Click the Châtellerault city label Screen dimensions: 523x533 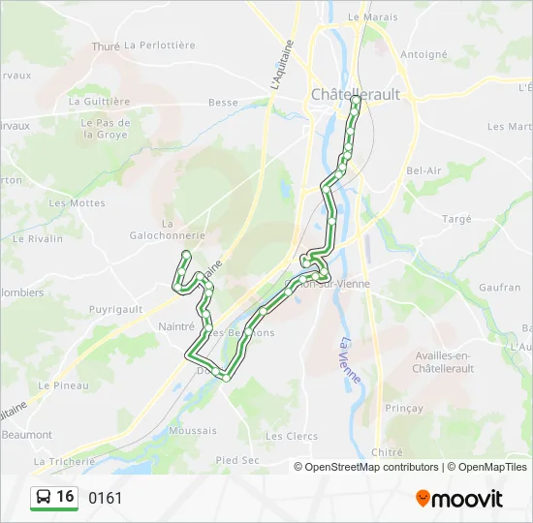coord(355,94)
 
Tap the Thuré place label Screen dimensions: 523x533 coord(105,46)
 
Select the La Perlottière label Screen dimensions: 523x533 coord(160,46)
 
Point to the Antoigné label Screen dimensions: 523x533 coord(423,55)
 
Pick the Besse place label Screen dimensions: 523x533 coord(223,102)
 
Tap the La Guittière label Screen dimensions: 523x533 coord(100,101)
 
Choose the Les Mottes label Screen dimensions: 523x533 coord(77,203)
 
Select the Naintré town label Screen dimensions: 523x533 coord(176,327)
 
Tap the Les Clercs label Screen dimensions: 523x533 coord(292,436)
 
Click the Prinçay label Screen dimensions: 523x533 coord(404,408)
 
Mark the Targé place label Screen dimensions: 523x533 coord(456,219)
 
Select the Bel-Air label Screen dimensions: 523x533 coord(424,170)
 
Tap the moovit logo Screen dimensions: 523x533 coord(459,499)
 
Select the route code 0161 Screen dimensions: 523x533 coord(106,499)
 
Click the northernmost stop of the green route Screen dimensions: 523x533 coord(357,100)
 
